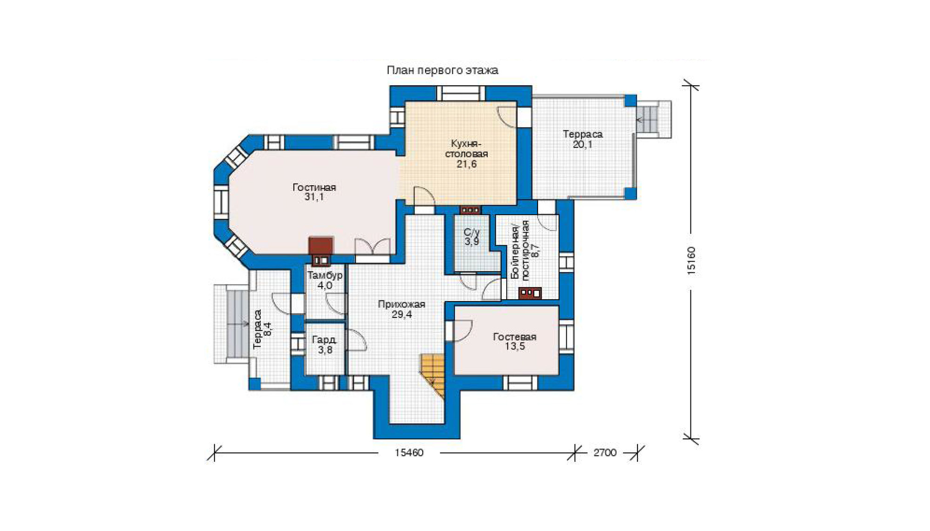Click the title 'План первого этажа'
[x=442, y=70]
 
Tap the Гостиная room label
[x=314, y=187]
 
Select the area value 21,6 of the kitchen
[x=466, y=164]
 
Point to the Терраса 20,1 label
[x=583, y=139]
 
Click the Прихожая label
[x=401, y=304]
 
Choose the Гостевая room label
[x=515, y=336]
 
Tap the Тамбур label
[x=325, y=275]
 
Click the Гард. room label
[x=324, y=340]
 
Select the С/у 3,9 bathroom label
[x=472, y=237]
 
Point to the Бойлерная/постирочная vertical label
[x=520, y=250]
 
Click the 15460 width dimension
[x=409, y=453]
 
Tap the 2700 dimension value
[x=604, y=453]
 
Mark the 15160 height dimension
[x=691, y=261]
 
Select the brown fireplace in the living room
[x=321, y=251]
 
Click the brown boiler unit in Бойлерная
[x=530, y=293]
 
